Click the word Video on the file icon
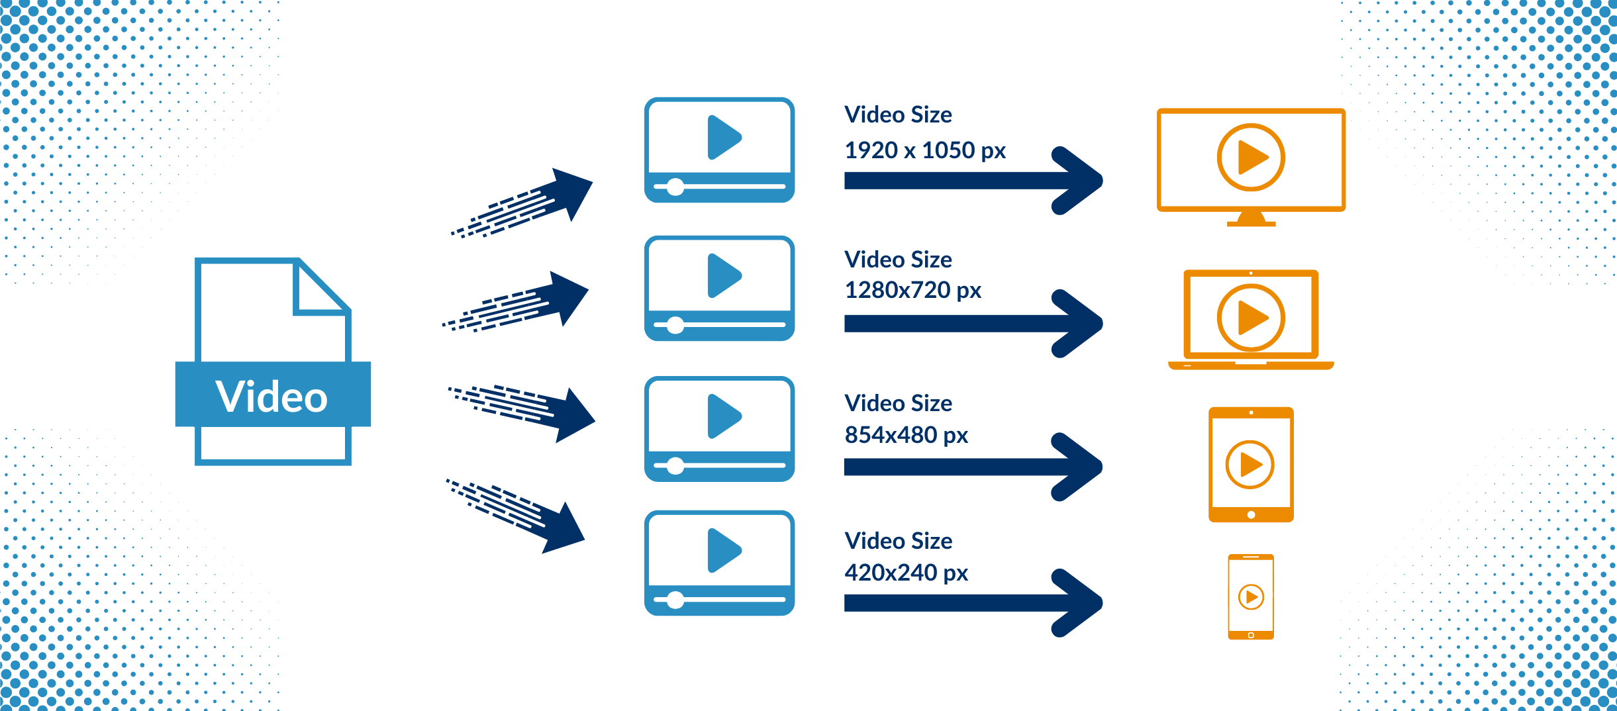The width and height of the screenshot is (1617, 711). click(271, 397)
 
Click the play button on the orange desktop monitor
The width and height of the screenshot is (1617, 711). click(1251, 158)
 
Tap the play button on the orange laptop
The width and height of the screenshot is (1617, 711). click(1251, 317)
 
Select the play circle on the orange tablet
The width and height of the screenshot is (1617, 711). click(1249, 464)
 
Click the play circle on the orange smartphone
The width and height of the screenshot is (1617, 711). click(1251, 597)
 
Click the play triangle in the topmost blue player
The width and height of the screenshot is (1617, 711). click(723, 138)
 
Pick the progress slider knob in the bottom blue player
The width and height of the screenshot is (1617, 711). click(675, 600)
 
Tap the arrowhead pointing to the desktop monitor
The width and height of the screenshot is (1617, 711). click(1079, 180)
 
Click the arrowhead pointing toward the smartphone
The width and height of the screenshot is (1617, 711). click(1079, 602)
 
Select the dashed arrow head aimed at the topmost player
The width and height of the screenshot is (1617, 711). click(572, 192)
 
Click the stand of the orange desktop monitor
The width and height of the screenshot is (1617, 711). click(1251, 219)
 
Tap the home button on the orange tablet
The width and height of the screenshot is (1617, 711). click(1251, 514)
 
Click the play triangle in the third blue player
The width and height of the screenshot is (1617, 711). click(723, 416)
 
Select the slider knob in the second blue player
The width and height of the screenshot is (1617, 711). click(675, 325)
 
